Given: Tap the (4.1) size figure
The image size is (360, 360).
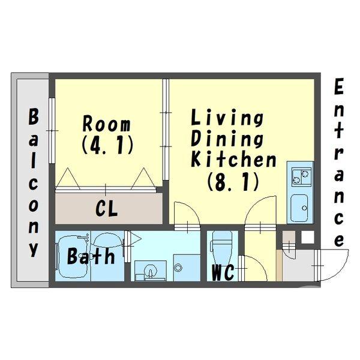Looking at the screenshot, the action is click(107, 145).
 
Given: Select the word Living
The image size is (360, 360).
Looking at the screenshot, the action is click(227, 118).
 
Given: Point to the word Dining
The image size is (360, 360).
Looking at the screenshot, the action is click(227, 139).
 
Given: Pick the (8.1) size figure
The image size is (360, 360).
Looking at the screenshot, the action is click(233, 181).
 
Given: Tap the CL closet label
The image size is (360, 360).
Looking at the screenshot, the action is click(107, 208).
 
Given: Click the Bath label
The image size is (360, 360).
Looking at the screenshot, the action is click(91, 256).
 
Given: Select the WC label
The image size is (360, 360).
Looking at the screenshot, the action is click(223, 273).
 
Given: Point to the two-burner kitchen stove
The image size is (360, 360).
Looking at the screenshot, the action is click(301, 177).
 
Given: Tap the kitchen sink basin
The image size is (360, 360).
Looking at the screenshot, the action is click(299, 208).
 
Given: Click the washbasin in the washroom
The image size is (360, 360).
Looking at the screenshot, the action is click(151, 271).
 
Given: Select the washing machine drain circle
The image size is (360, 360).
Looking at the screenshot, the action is click(178, 267).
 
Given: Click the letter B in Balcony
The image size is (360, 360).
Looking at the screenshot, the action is click(34, 116).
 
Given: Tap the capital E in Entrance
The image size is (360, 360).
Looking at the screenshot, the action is click(338, 86).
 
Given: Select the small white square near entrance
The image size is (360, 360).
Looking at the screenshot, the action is click(307, 237).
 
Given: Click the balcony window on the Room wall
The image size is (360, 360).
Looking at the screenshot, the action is click(52, 130).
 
